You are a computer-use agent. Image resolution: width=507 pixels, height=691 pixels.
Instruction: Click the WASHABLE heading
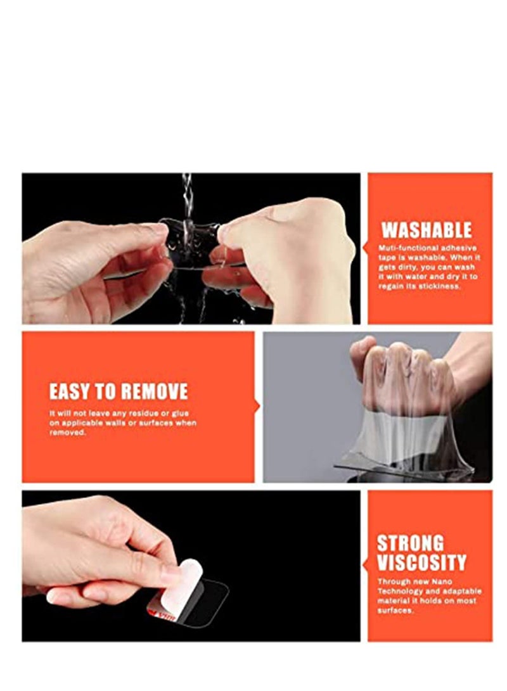(426, 229)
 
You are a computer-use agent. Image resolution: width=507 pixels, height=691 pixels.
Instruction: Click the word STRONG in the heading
(410, 543)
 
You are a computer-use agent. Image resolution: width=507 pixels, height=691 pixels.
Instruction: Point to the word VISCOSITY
(421, 562)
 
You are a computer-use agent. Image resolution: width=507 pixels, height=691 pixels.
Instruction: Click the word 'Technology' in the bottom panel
(403, 591)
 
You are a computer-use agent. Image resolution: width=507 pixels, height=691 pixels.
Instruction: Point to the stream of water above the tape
(187, 193)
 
